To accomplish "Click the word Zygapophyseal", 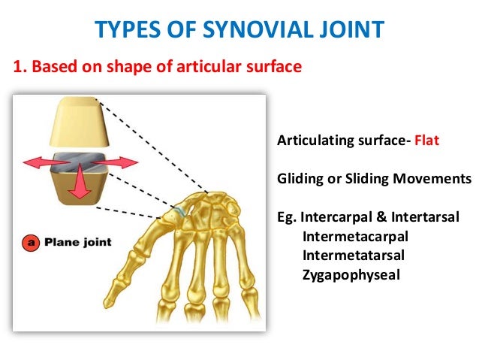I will click(351, 274).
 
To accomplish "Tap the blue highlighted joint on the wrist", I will click(176, 213).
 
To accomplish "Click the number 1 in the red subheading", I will click(17, 68).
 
